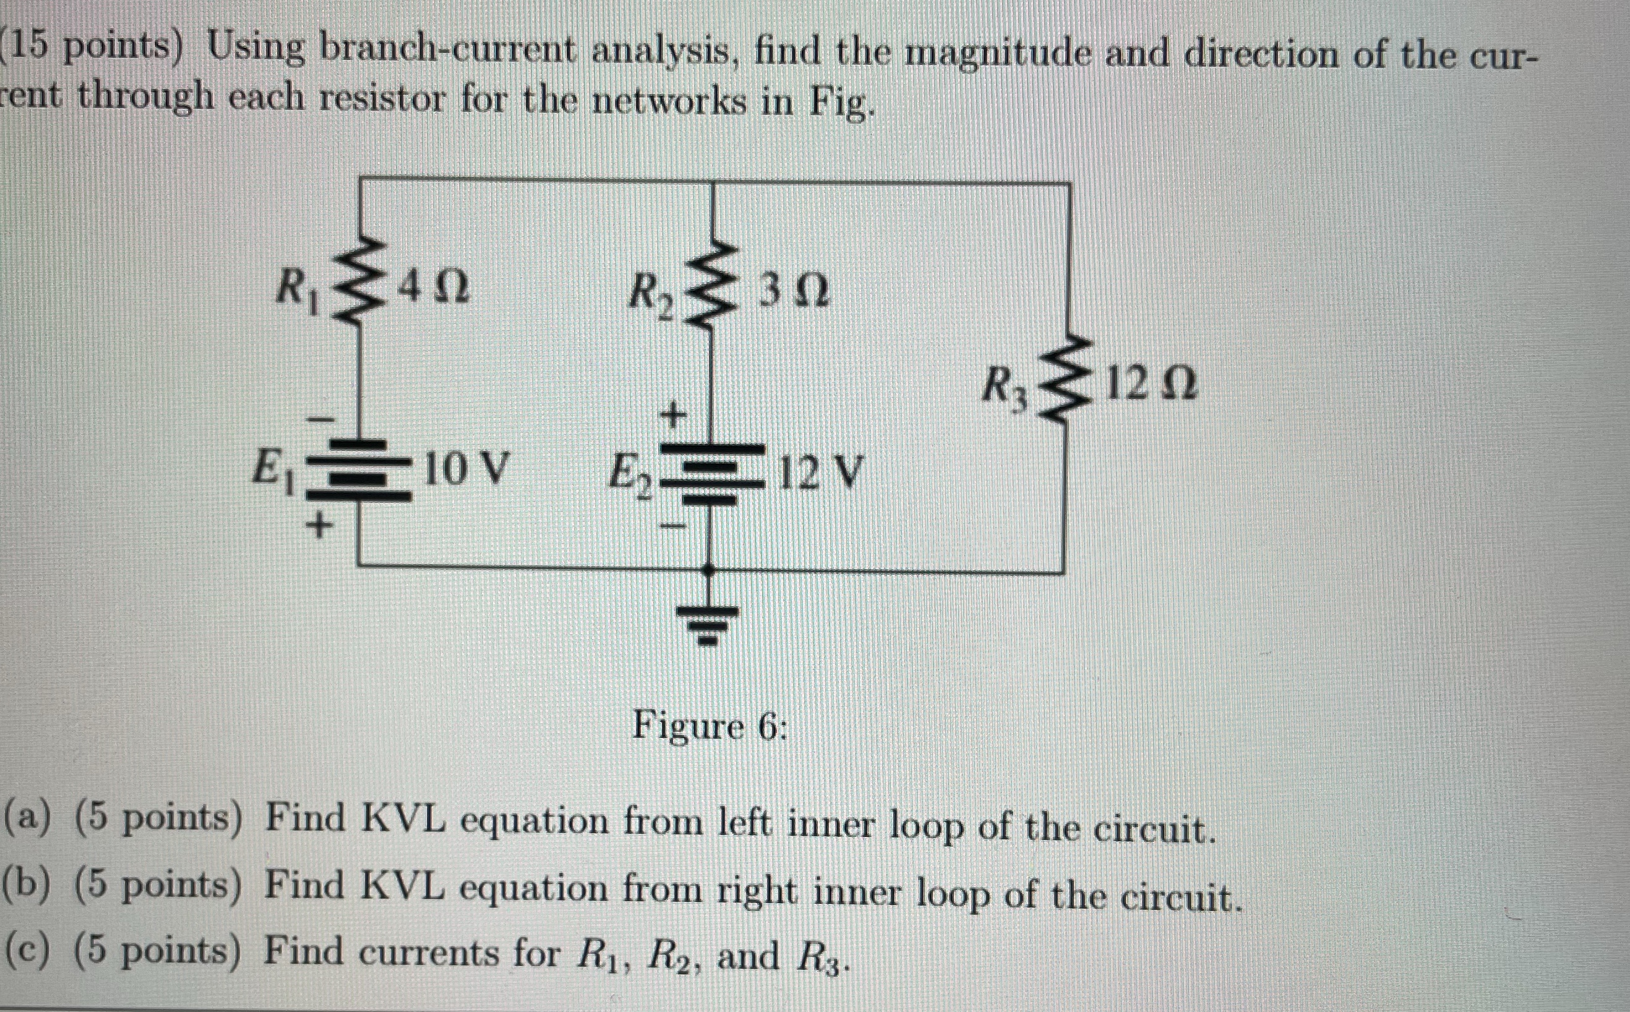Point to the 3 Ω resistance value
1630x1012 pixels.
point(795,293)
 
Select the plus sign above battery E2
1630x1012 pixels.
point(674,416)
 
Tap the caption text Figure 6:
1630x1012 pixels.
point(710,726)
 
